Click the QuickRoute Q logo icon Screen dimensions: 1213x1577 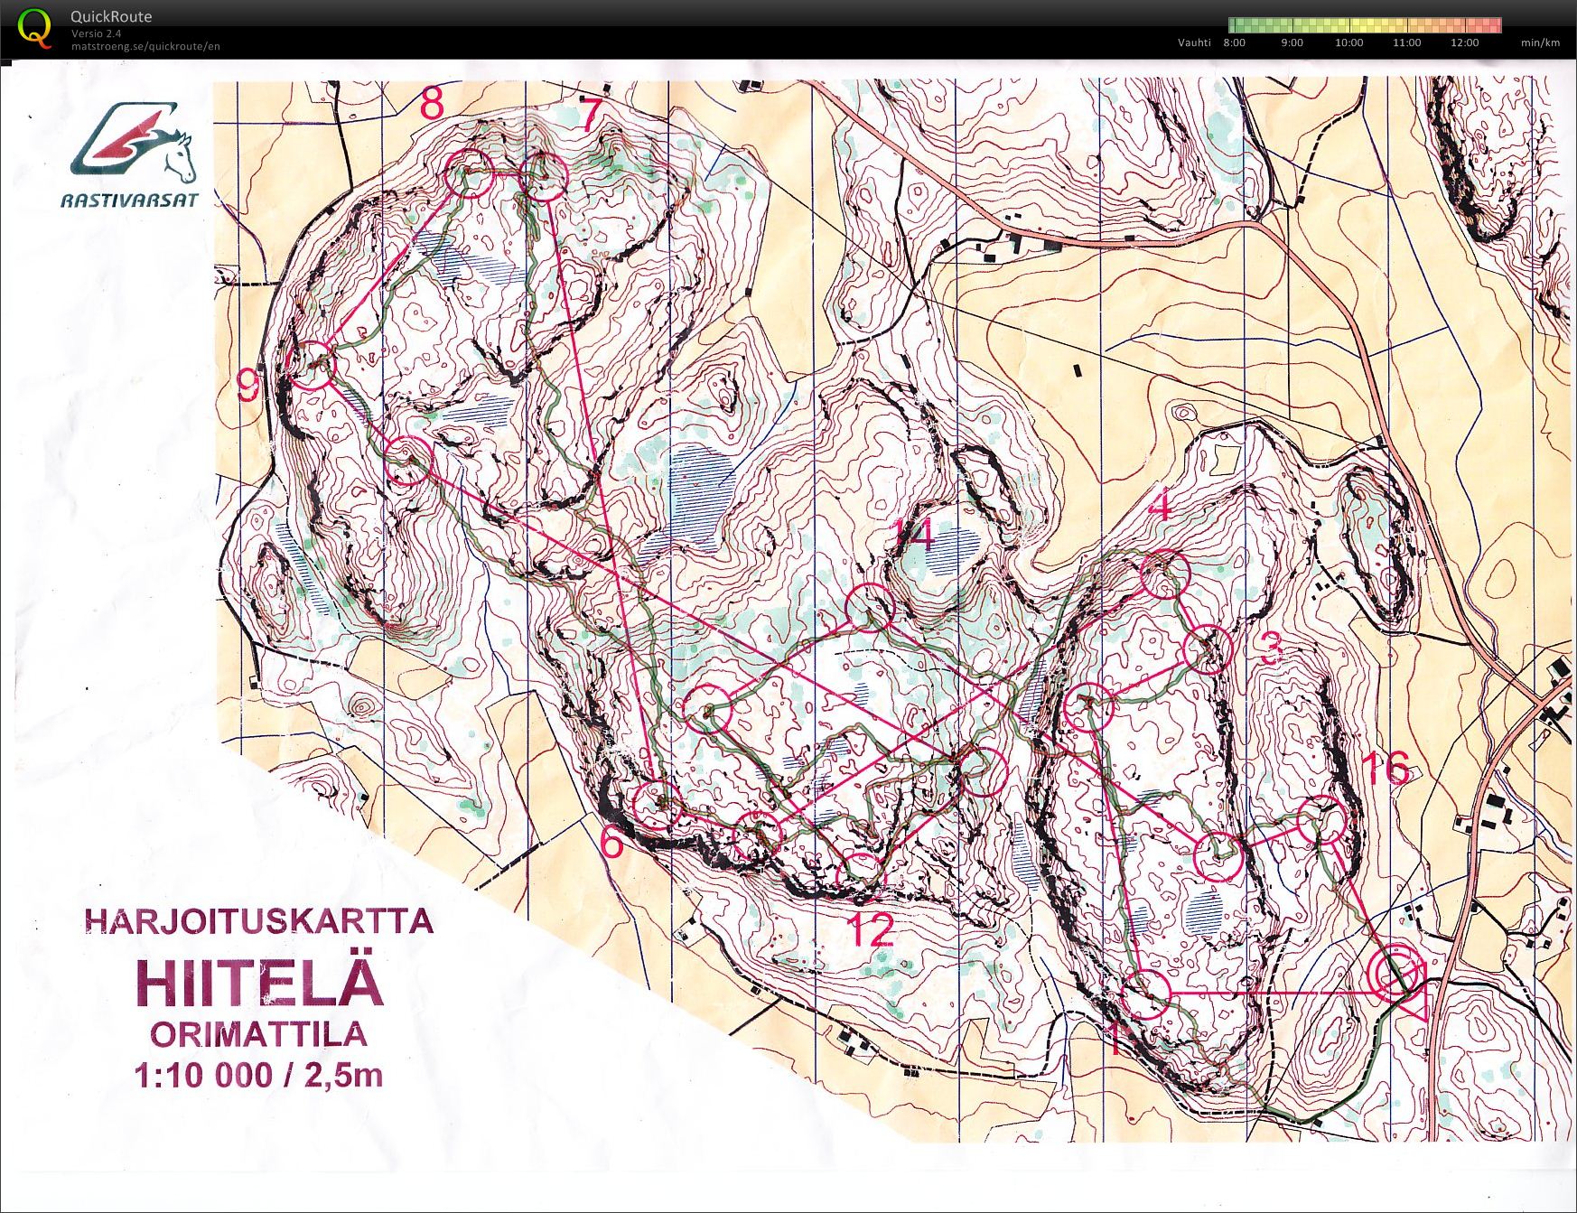pos(34,28)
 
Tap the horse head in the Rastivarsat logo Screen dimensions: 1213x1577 pos(179,155)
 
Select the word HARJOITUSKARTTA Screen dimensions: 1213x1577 pos(258,922)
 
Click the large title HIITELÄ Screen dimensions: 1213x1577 pos(260,983)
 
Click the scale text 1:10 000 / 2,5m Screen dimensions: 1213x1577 pos(258,1076)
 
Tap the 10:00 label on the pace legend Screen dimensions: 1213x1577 pos(1348,42)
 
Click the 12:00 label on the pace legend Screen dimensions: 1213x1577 pos(1464,42)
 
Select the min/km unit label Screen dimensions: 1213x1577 pos(1540,42)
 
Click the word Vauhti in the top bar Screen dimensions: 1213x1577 pos(1194,42)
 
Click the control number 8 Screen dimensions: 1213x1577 pos(432,104)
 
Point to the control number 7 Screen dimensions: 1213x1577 pos(590,114)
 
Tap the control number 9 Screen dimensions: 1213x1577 pos(247,387)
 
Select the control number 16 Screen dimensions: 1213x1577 pos(1385,769)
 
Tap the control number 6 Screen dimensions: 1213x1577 pos(611,844)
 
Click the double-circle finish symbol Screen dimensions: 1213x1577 pos(1395,973)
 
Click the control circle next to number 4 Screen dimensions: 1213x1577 pos(1165,574)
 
